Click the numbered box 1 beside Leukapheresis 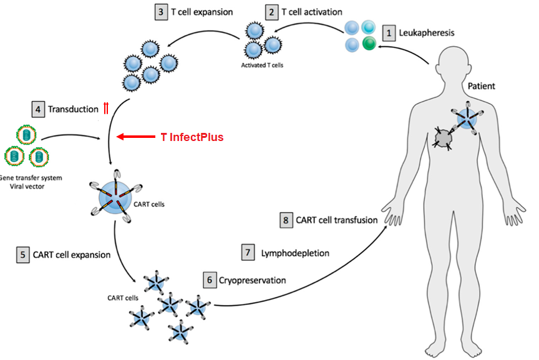(389, 32)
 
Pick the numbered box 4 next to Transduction (39, 109)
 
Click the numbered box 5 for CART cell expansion (22, 255)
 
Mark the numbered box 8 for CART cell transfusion (286, 220)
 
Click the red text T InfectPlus (192, 136)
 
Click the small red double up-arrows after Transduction (105, 109)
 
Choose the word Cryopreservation (252, 280)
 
